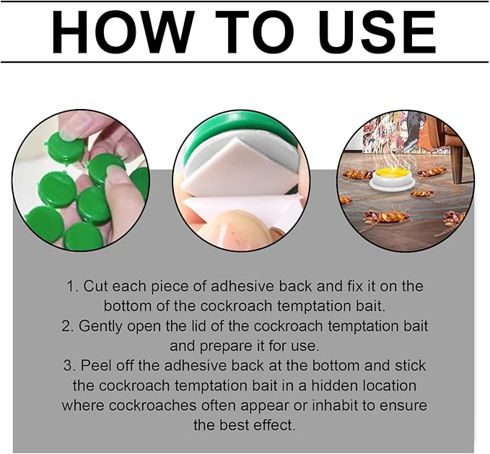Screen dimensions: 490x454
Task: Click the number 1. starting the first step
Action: coord(72,287)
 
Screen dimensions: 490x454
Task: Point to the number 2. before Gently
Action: coord(68,326)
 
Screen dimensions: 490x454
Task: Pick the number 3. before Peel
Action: coord(69,366)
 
